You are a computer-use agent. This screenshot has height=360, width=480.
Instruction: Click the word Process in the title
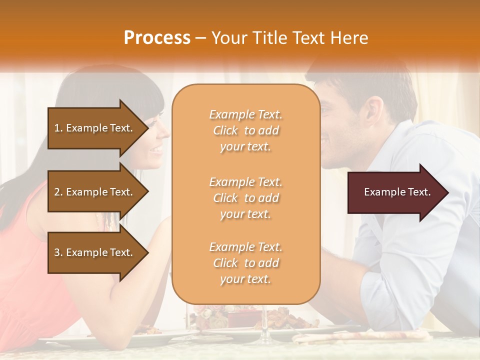(157, 38)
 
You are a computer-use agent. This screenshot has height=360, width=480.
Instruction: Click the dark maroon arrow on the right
(397, 192)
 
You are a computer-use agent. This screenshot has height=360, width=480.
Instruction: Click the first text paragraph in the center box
(245, 130)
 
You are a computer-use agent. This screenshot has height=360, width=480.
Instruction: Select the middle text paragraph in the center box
(245, 198)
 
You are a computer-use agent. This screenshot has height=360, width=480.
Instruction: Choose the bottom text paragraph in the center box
(245, 263)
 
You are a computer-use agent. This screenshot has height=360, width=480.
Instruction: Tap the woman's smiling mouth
(156, 149)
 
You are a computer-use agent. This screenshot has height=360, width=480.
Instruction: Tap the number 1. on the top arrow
(58, 128)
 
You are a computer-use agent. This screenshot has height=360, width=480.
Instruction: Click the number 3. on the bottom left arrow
(58, 252)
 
